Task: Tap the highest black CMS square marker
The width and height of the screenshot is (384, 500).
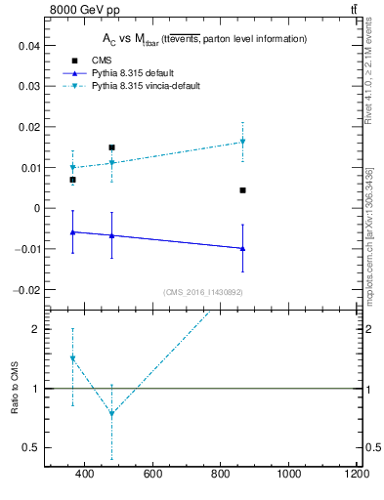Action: pos(112,147)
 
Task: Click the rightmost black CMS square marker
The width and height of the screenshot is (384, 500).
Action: pos(242,190)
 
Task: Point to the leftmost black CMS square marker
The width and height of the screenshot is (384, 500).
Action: pos(72,180)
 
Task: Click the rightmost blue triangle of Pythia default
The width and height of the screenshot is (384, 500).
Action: pos(242,248)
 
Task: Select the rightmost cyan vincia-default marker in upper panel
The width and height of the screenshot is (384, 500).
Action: pos(242,142)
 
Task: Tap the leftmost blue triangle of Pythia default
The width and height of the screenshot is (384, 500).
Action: pos(72,231)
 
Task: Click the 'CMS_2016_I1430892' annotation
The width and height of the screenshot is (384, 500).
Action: pos(202,292)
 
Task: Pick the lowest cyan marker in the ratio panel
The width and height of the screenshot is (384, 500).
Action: pos(112,413)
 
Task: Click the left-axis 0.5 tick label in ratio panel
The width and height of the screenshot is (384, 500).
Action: pos(31,447)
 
